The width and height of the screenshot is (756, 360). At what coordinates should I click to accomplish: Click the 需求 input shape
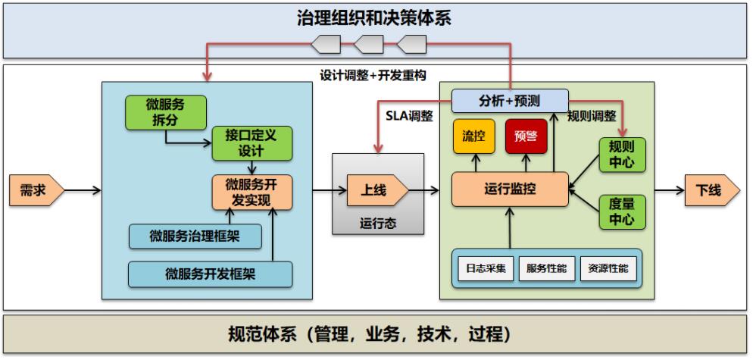[36, 190]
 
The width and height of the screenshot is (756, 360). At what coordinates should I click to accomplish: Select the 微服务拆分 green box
[165, 112]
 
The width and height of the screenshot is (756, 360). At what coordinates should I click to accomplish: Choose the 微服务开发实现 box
[251, 192]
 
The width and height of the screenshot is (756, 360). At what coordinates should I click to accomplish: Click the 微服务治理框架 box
[195, 236]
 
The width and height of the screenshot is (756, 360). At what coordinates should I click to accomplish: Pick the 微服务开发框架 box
[211, 274]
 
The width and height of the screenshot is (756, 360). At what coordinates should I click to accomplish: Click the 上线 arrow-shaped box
[377, 191]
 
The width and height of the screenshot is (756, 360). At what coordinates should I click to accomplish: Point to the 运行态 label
[378, 224]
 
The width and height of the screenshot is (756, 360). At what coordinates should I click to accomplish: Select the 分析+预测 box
[510, 101]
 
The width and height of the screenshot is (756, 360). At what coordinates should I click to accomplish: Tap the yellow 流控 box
[473, 136]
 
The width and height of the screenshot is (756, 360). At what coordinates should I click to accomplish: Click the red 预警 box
[526, 136]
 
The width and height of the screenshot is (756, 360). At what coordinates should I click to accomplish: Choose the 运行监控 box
[510, 189]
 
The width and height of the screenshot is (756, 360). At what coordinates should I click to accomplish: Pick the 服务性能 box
[547, 268]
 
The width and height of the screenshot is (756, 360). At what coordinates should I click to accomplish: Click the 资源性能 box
[608, 268]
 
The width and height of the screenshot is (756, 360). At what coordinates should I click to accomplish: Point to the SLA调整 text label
[409, 116]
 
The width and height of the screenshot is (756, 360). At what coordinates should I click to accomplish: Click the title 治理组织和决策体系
[374, 19]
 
